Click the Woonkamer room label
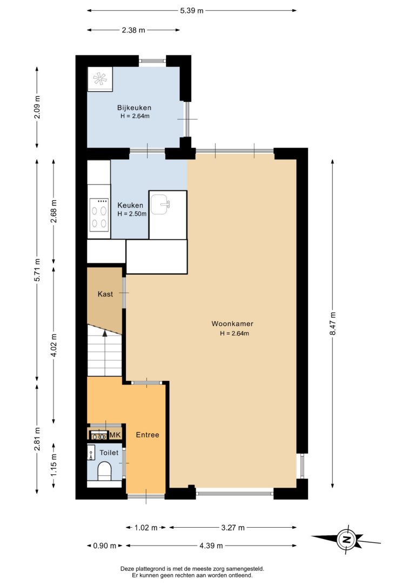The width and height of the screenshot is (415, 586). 232,324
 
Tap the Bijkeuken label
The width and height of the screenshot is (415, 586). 134,107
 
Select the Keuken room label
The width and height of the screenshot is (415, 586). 130,205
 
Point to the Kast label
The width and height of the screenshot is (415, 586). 105,294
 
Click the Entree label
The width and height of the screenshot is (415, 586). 148,434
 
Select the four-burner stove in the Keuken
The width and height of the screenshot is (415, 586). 99,215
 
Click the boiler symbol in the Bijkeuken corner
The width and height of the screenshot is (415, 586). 100,79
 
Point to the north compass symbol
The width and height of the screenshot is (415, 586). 346,539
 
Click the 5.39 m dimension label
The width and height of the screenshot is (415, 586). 192,10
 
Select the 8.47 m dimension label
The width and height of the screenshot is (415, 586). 333,324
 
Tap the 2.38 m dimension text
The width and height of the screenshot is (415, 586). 133,30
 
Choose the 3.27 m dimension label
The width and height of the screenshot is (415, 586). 233,527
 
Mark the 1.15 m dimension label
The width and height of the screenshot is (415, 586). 53,465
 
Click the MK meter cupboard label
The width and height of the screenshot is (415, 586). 115,434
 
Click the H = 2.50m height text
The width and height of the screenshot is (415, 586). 132,214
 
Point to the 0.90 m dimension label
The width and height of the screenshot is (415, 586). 105,546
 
